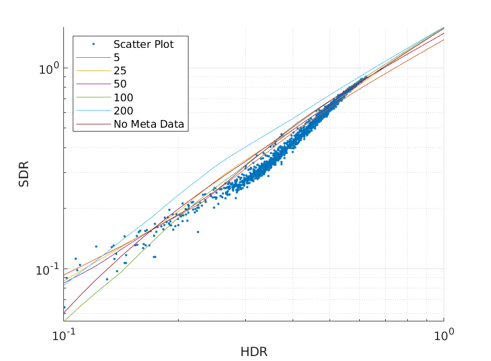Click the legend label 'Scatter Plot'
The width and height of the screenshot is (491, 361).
tap(143, 44)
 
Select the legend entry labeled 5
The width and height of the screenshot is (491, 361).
tap(117, 57)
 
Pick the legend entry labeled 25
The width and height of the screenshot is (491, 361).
tap(120, 70)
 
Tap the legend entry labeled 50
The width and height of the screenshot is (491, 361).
tap(120, 84)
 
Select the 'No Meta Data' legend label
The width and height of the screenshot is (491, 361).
tap(149, 124)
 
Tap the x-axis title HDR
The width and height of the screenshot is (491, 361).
tap(253, 352)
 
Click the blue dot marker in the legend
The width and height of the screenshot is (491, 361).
tap(93, 44)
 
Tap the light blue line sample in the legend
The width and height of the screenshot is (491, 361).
tap(93, 111)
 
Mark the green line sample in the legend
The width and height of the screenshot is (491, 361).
tap(93, 97)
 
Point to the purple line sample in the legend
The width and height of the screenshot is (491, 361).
tap(93, 84)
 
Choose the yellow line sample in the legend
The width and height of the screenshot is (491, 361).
tap(93, 70)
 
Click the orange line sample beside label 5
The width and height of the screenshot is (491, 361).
tap(93, 57)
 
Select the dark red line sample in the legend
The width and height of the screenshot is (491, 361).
tap(93, 124)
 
